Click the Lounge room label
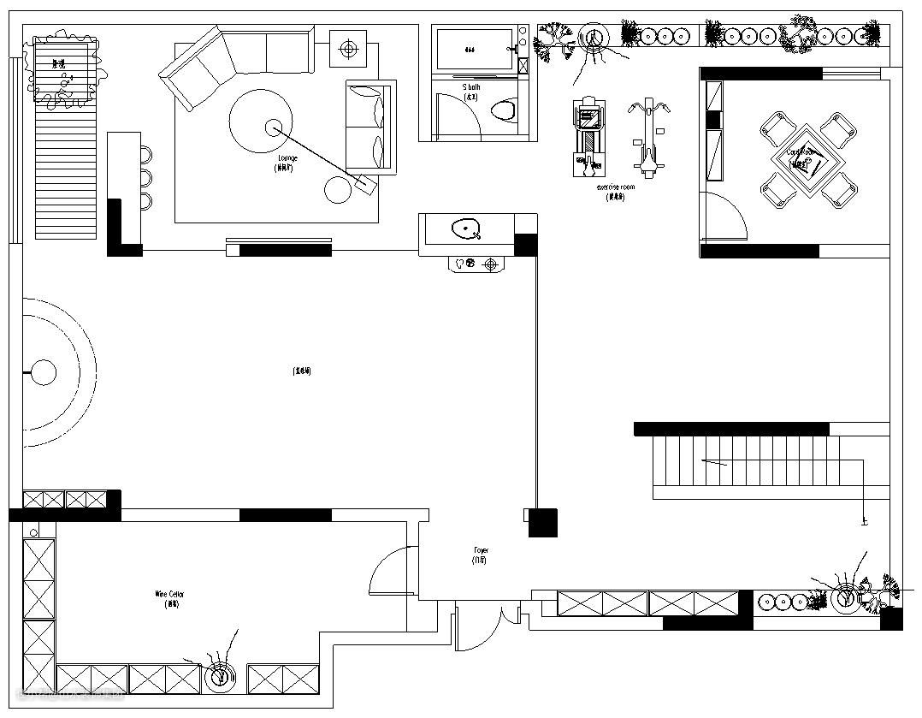(x=287, y=159)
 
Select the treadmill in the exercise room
(x=588, y=137)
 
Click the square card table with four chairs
(x=808, y=159)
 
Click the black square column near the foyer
(x=542, y=522)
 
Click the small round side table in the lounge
(x=338, y=191)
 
